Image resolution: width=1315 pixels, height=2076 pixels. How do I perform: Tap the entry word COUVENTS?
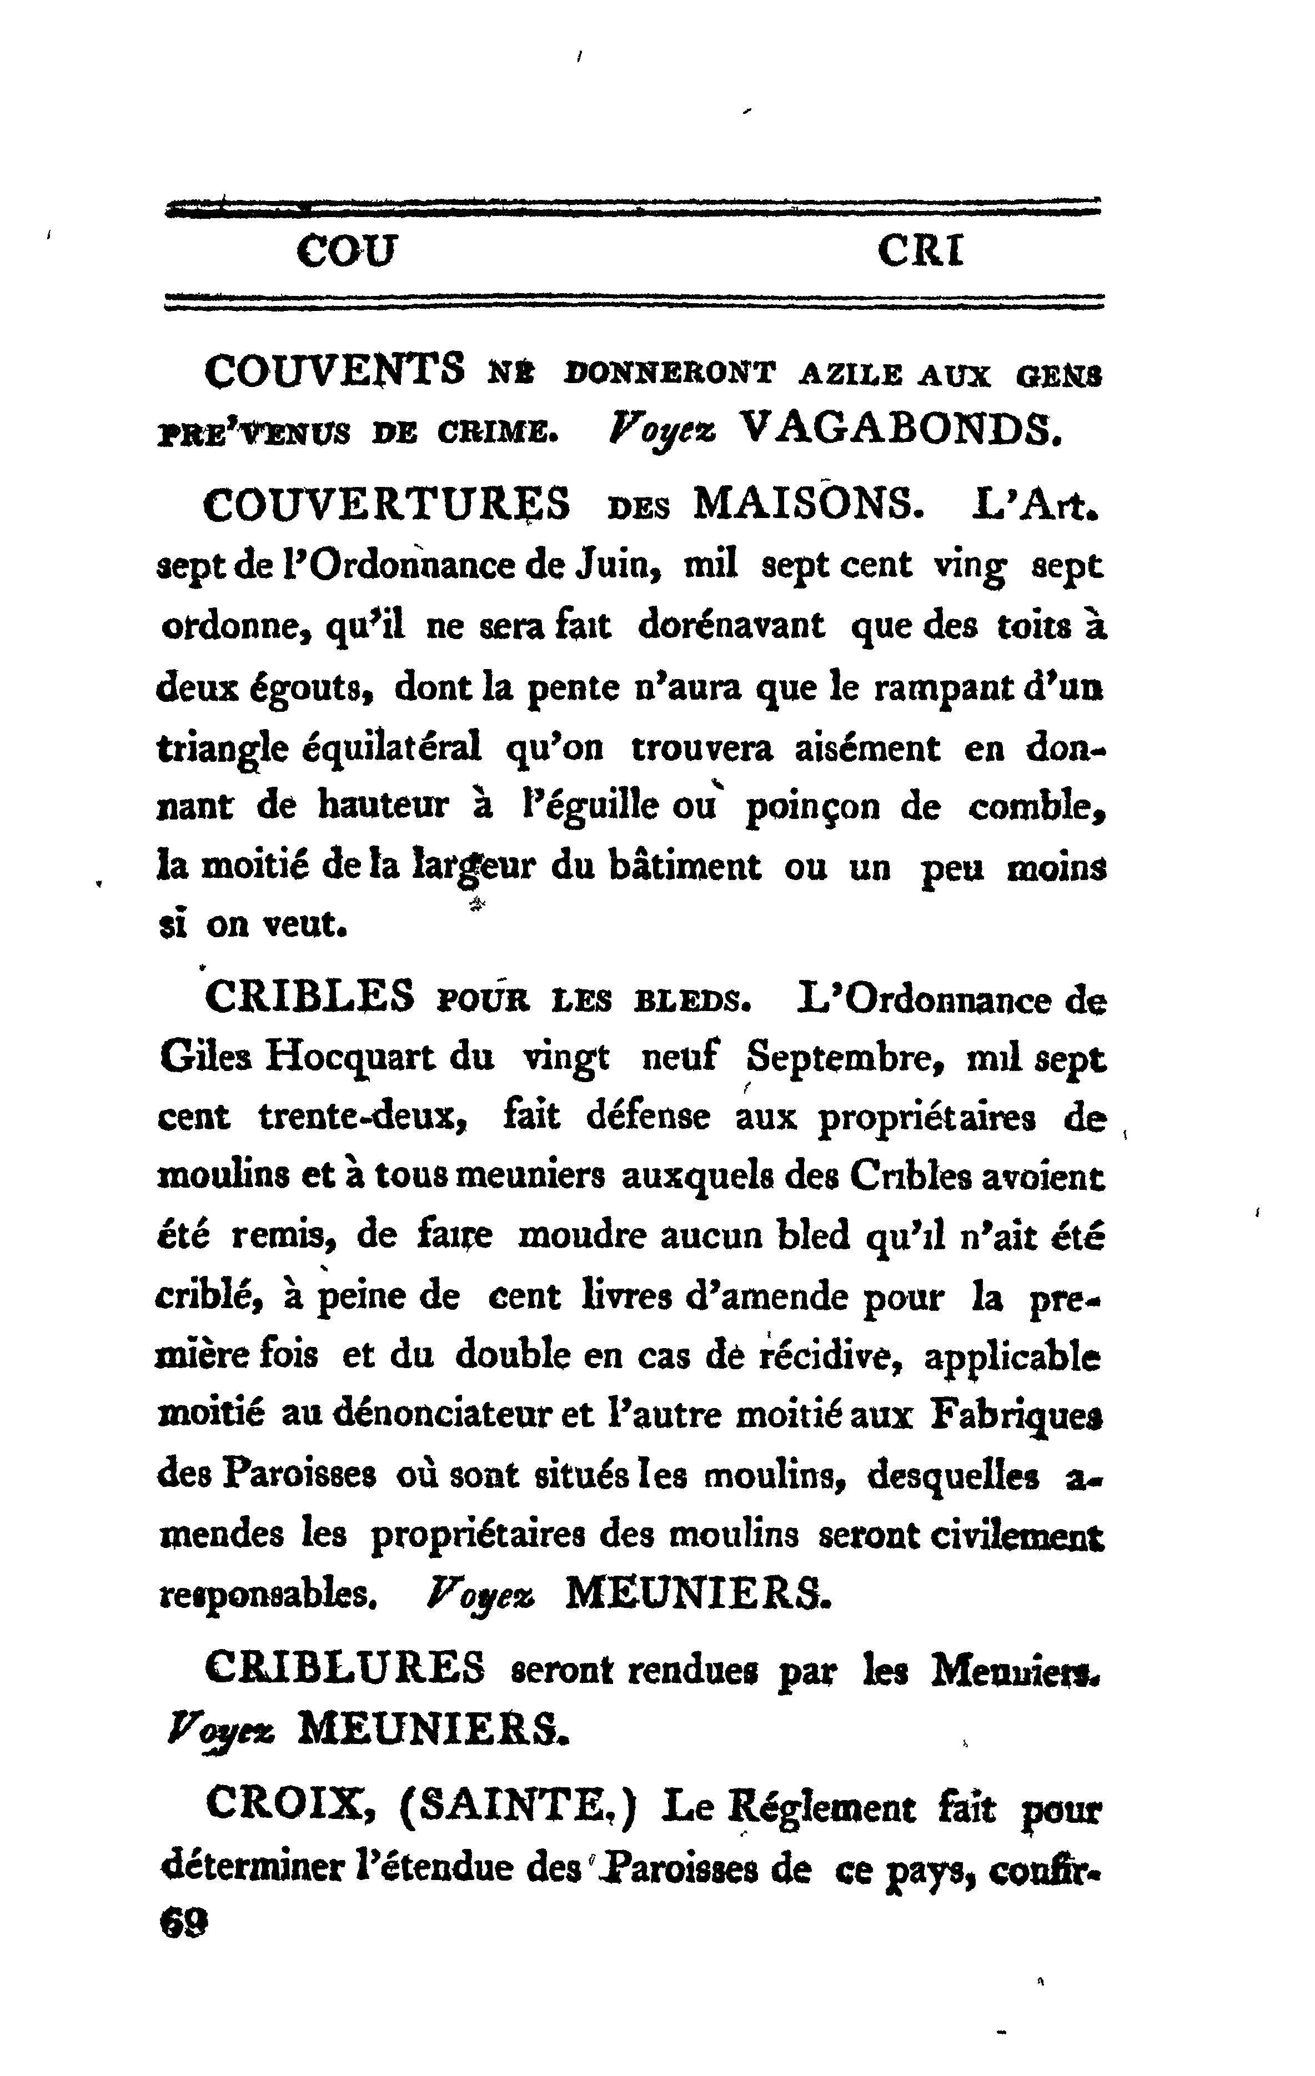point(334,373)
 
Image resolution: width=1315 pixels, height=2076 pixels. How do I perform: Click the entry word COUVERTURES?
point(387,504)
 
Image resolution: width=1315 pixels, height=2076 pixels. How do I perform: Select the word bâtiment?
point(684,866)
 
